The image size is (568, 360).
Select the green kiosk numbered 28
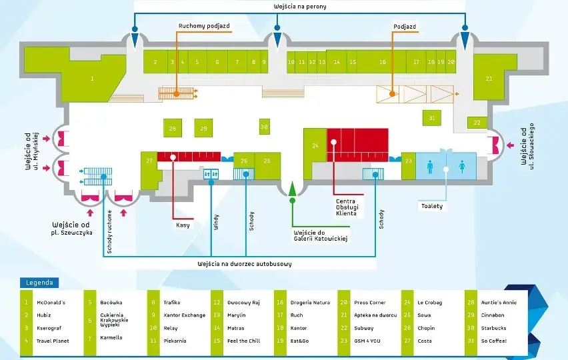pyautogui.click(x=173, y=128)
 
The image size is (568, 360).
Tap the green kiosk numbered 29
pyautogui.click(x=203, y=128)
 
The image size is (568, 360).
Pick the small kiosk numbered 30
pyautogui.click(x=265, y=127)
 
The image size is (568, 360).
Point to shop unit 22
pyautogui.click(x=477, y=123)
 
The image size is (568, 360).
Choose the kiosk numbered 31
pyautogui.click(x=432, y=118)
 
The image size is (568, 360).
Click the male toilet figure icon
pyautogui.click(x=430, y=167)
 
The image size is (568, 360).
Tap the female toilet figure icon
pyautogui.click(x=462, y=167)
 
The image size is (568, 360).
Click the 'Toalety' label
pyautogui.click(x=432, y=206)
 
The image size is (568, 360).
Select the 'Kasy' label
pyautogui.click(x=183, y=225)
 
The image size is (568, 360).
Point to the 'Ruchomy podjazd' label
pyautogui.click(x=204, y=26)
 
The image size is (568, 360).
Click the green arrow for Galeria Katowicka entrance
pyautogui.click(x=292, y=189)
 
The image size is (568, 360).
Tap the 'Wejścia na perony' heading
pyautogui.click(x=300, y=7)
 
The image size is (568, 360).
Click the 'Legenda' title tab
pyautogui.click(x=39, y=283)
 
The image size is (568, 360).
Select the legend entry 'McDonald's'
pyautogui.click(x=51, y=303)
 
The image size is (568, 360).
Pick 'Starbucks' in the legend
pyautogui.click(x=494, y=328)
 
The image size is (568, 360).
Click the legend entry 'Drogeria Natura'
pyautogui.click(x=310, y=303)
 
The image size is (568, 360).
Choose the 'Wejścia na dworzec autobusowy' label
pyautogui.click(x=245, y=263)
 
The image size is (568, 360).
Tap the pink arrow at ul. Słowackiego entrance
pyautogui.click(x=510, y=145)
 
